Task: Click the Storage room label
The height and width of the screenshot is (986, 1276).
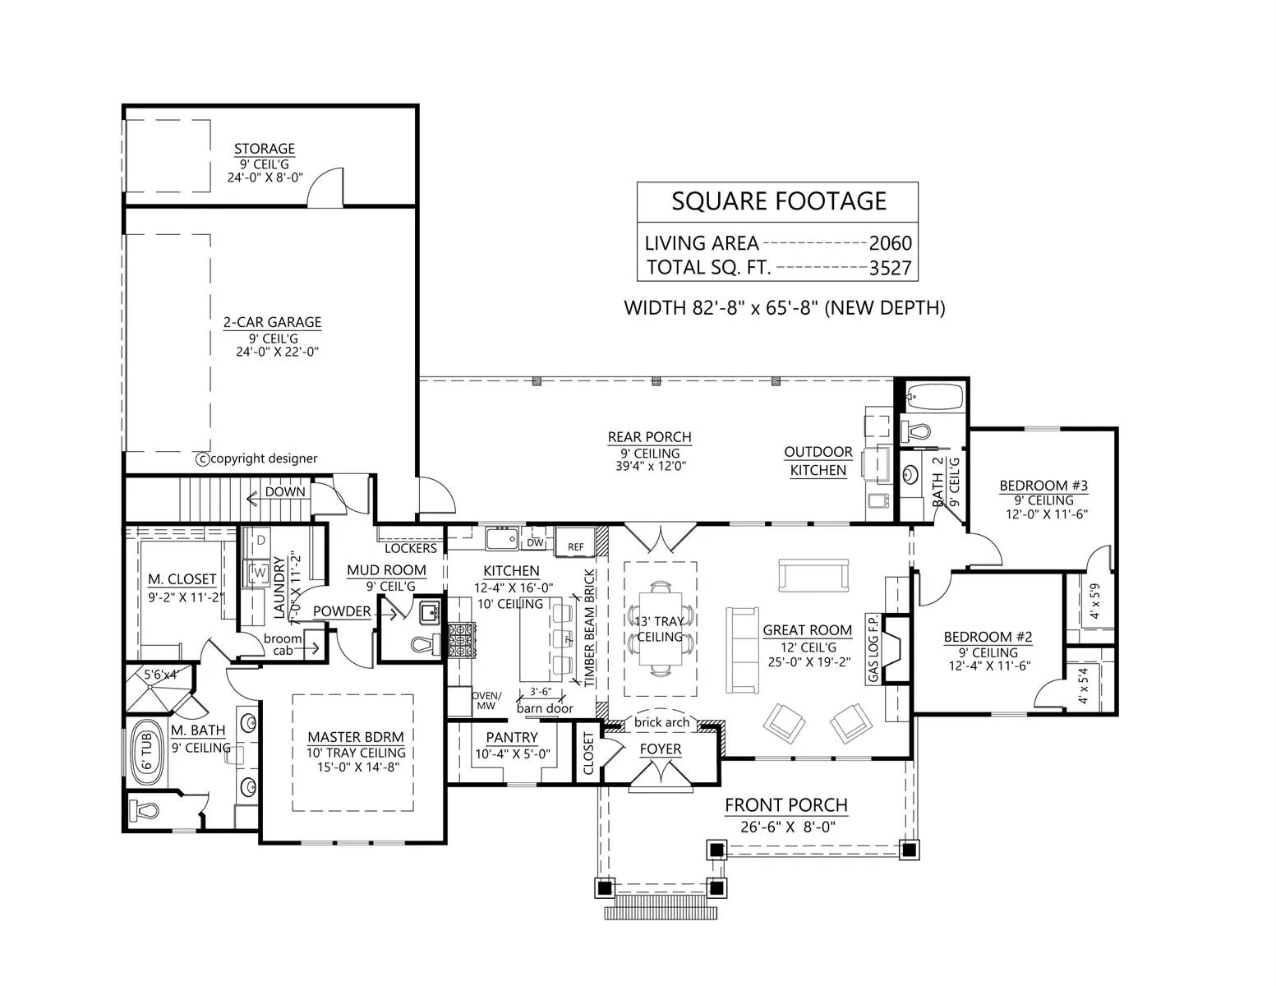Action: (265, 149)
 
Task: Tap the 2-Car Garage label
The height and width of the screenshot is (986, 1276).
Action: (273, 322)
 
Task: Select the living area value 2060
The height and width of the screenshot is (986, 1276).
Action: (890, 242)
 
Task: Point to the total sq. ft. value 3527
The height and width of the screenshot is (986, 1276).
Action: (890, 268)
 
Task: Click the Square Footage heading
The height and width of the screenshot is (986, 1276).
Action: (779, 201)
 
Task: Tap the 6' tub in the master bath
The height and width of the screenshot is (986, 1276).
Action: (146, 753)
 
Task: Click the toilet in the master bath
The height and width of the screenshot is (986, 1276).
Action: (143, 811)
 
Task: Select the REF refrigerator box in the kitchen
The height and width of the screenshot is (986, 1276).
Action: (575, 542)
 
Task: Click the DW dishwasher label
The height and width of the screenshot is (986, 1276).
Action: (535, 543)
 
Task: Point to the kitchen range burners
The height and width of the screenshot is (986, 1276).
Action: (462, 640)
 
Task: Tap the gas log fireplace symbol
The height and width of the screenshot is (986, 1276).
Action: (896, 648)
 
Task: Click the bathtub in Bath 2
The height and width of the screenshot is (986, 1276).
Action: (934, 396)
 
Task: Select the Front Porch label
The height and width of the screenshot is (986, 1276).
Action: (785, 805)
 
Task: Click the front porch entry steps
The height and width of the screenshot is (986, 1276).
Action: (661, 907)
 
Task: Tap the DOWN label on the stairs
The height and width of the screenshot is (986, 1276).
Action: (285, 491)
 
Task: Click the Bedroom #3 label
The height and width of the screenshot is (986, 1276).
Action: (1043, 486)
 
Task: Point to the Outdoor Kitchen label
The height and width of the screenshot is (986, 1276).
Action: (818, 461)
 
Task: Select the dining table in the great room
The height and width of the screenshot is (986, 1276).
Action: (660, 629)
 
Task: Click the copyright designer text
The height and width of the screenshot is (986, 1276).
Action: (256, 458)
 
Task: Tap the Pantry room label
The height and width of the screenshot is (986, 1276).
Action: (511, 737)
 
